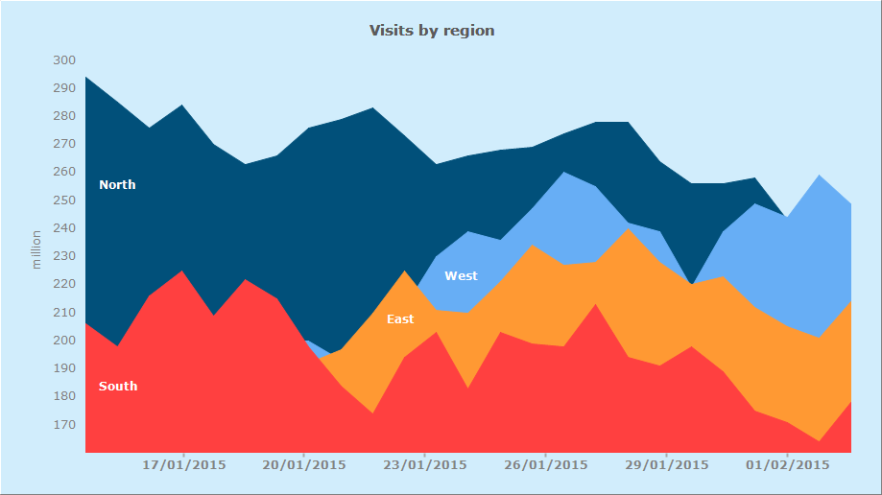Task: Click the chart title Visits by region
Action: (x=432, y=31)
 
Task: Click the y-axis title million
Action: (x=36, y=248)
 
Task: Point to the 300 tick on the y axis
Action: (x=63, y=60)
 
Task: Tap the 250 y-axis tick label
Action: (x=63, y=200)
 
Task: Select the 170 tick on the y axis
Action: (x=63, y=424)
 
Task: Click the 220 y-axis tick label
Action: (x=63, y=284)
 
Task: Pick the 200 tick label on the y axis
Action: (x=63, y=341)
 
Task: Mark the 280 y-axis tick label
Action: (x=63, y=116)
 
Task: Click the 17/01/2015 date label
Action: (x=184, y=465)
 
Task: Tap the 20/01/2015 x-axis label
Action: (x=304, y=465)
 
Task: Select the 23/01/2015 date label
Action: (x=425, y=465)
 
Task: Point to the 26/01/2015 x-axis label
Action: (x=546, y=465)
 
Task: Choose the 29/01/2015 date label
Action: (x=667, y=465)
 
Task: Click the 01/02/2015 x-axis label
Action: (x=788, y=465)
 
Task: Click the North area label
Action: (x=117, y=185)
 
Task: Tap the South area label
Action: (x=118, y=387)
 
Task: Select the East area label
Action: (x=400, y=319)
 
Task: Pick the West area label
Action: (x=461, y=276)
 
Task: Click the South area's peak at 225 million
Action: (x=182, y=271)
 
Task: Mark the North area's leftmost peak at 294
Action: (x=86, y=77)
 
